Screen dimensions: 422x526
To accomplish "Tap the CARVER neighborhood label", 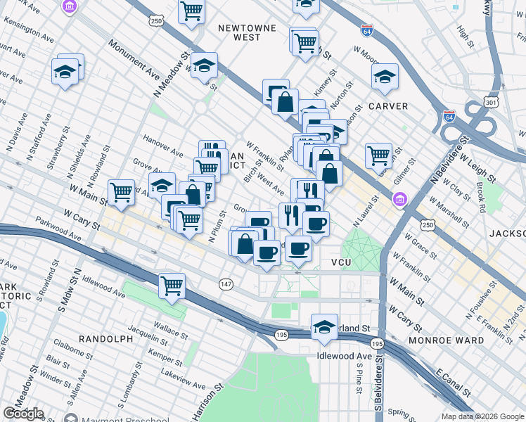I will [388, 106].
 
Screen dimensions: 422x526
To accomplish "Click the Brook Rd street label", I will [480, 198].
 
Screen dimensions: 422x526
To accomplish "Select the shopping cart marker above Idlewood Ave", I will [172, 286].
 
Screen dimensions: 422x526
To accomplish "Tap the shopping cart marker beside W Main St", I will [122, 191].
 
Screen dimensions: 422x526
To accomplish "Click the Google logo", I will [23, 414].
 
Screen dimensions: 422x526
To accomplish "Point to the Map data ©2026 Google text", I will [482, 416].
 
